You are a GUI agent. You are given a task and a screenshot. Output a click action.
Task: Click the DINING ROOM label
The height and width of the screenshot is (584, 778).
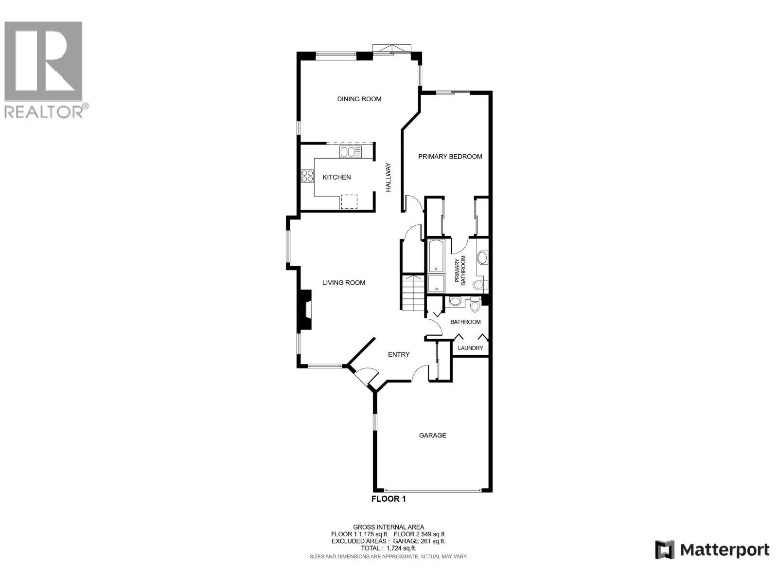[x=359, y=99]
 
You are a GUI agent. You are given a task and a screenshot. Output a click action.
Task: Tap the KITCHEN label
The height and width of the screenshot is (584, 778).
[x=336, y=177]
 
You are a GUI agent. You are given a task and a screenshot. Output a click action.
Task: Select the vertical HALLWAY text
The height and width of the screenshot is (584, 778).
[x=389, y=177]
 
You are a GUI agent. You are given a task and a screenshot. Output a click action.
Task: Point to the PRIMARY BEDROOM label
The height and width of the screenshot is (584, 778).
[x=450, y=156]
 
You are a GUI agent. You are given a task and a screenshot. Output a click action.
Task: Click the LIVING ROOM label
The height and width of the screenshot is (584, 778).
[x=344, y=282]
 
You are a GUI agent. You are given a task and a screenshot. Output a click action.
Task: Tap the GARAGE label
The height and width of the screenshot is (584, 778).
[x=432, y=435]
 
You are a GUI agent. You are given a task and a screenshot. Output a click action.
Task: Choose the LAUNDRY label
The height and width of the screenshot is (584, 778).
[x=470, y=348]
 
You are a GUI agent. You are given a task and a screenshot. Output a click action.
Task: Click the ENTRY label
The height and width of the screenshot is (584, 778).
[x=398, y=354]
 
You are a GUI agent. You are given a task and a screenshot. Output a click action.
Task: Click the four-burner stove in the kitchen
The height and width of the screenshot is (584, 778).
[x=307, y=176]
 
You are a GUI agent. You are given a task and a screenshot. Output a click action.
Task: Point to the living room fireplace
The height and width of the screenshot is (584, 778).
[x=305, y=310]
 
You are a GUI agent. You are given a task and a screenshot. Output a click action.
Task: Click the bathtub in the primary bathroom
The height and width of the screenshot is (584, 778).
[x=436, y=255]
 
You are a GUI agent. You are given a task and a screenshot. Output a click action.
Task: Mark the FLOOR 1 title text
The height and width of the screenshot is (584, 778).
[x=388, y=499]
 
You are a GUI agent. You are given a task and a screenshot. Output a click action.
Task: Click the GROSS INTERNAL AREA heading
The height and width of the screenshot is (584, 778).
[x=388, y=527]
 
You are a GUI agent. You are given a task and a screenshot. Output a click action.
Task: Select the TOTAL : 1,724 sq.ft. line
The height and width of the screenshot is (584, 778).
[x=388, y=548]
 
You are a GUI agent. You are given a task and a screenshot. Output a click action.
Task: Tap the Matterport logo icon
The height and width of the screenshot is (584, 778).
[x=664, y=550]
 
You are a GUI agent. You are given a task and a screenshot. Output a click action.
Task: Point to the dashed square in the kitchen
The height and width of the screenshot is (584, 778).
[x=349, y=201]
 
